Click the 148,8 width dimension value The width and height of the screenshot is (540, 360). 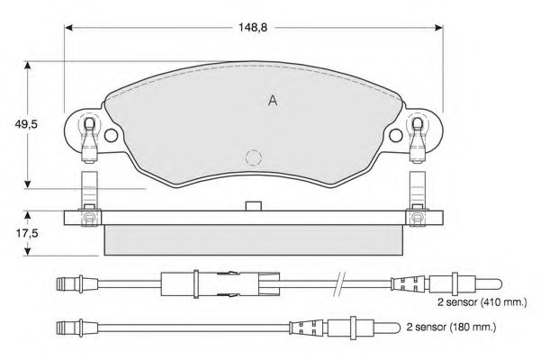[x=253, y=28]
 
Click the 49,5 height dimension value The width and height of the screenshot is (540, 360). [x=25, y=124]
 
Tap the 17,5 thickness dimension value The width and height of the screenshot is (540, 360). [x=27, y=234]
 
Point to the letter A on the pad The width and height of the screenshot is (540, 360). [x=273, y=101]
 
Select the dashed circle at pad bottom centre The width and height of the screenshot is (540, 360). [x=254, y=157]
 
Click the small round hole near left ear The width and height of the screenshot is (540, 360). [x=111, y=135]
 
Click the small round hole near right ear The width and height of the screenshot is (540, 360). [x=396, y=135]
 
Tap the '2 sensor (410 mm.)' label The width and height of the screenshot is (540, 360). [x=482, y=302]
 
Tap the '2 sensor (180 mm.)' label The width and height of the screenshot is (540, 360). [x=451, y=327]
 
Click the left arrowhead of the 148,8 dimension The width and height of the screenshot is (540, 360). [x=68, y=28]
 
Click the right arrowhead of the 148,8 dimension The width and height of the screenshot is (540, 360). [x=439, y=28]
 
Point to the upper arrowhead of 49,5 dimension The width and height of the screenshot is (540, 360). [x=28, y=66]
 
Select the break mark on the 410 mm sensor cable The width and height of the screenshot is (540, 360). [x=339, y=284]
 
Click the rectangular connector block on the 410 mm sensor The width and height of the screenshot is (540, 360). [x=220, y=284]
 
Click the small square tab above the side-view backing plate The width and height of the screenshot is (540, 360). [x=254, y=206]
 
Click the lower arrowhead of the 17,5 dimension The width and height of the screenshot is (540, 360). [x=28, y=251]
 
